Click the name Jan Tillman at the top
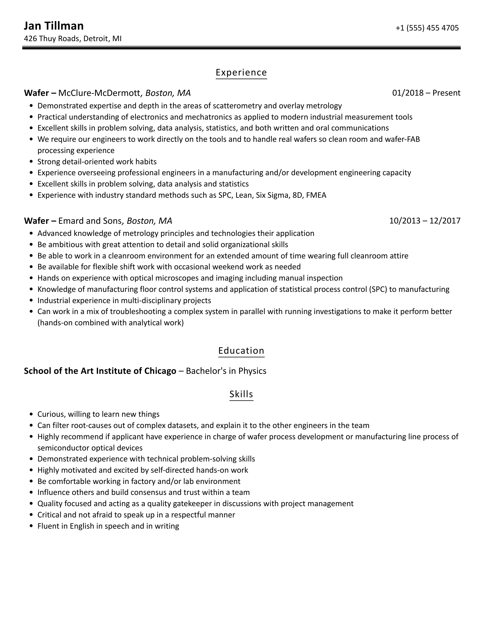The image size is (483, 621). pos(54,26)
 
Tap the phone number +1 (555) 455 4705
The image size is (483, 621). pos(427,28)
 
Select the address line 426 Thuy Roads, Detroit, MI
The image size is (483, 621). pos(73,39)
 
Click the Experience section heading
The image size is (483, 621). pos(241,73)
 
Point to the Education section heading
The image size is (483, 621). pos(241,350)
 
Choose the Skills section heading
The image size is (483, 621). pos(241,394)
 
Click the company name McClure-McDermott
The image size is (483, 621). pos(99,93)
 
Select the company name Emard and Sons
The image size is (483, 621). pos(90,221)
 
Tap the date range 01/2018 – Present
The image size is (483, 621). pos(426,93)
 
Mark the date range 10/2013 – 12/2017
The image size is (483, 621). pos(425,221)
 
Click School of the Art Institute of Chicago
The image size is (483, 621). pos(100,371)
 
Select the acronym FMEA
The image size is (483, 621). pos(316,195)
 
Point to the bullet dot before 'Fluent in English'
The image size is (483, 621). pos(32,526)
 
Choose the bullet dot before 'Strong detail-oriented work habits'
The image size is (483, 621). pos(32,162)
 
